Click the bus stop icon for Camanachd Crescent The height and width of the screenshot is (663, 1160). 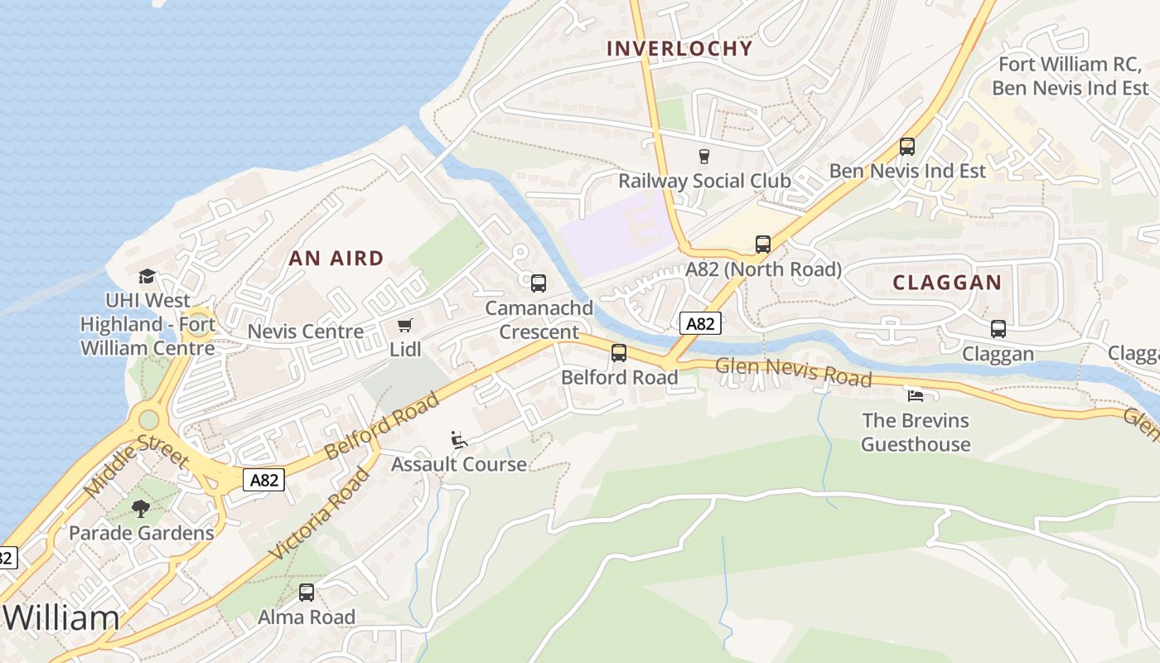pos(539,283)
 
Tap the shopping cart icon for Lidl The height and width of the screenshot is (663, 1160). pos(404,326)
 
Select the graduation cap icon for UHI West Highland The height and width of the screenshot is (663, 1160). pos(147,276)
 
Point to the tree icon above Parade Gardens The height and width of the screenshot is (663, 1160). pos(141,508)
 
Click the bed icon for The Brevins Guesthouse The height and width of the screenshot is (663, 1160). pos(916,395)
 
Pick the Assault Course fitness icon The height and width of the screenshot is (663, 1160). pos(458,439)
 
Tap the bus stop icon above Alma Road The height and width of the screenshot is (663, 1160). pos(307,593)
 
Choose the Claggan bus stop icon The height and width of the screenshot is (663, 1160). pos(998,329)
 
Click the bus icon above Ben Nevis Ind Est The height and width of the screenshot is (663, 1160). pos(907,147)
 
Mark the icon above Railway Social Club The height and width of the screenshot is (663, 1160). pos(704,157)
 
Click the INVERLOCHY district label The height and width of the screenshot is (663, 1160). pos(679,49)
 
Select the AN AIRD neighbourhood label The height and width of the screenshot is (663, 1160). pos(336,259)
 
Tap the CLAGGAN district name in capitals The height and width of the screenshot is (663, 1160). pos(947,283)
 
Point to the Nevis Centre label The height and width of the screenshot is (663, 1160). pos(306,331)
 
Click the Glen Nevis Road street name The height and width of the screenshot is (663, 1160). pos(793,372)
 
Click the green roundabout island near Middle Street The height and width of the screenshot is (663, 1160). pos(148,419)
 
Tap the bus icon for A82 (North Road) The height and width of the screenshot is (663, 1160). pos(763,244)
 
